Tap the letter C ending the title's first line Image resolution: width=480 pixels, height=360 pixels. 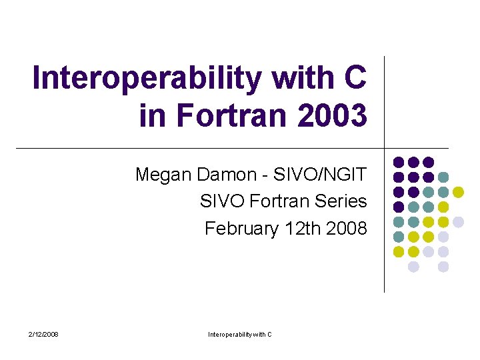tap(355, 78)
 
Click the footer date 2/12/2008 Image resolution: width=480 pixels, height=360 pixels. tap(43, 334)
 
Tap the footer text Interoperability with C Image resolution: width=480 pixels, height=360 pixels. tap(240, 334)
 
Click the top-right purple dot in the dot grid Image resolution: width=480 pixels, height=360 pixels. tap(429, 162)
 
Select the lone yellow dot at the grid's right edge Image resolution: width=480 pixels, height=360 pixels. tap(458, 192)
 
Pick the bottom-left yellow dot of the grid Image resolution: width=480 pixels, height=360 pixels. tap(399, 251)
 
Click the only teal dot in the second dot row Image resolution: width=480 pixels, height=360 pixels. tap(443, 177)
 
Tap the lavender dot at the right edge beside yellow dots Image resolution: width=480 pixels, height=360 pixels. tap(458, 221)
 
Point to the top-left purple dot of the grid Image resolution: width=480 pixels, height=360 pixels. tap(399, 162)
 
